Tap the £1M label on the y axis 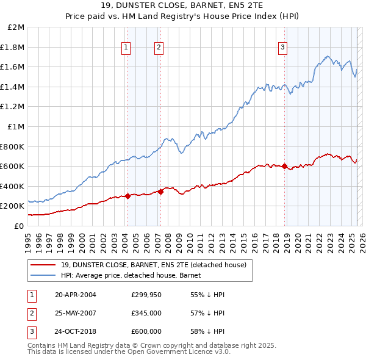16,126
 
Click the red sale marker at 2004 128,196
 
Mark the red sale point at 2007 161,192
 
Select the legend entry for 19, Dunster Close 152,265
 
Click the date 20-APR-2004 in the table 76,295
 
